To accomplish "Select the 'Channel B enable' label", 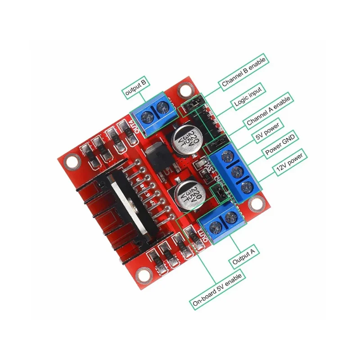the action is click(x=244, y=71).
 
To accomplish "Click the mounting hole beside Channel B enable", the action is click(x=184, y=90).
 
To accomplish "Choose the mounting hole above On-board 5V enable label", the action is click(x=143, y=273).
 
